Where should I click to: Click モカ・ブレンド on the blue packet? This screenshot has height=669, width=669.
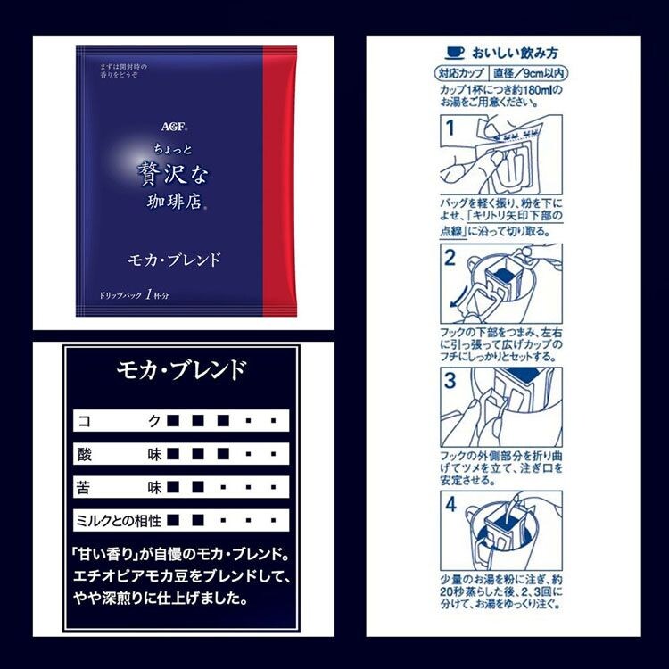point(173,261)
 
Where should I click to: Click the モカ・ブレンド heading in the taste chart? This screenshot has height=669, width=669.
point(182,369)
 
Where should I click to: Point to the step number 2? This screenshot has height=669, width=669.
point(451,260)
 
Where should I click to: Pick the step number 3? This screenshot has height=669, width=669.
point(451,381)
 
